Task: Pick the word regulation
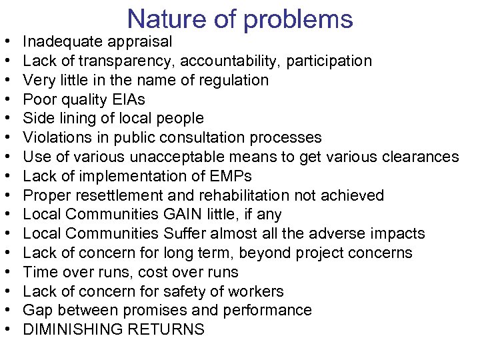pos(233,81)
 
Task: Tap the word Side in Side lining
pos(37,119)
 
